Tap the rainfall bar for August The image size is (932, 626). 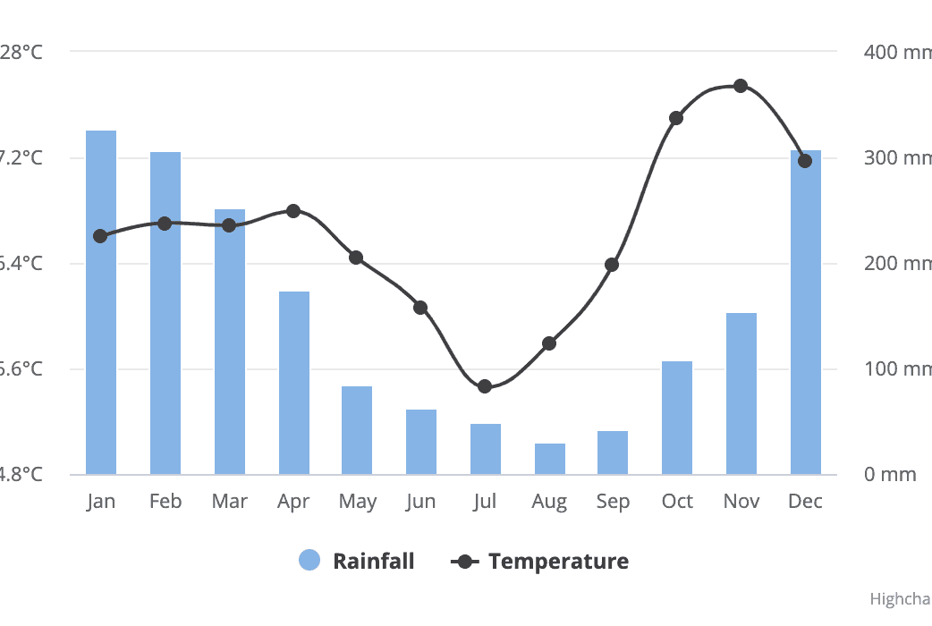pos(550,459)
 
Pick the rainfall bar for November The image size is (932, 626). pos(741,393)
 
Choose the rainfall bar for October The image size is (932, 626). pos(677,418)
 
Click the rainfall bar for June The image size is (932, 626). pos(421,442)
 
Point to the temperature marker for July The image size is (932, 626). pos(485,386)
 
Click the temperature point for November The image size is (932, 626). pos(741,86)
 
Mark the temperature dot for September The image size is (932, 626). pos(612,265)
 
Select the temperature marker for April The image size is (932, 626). pos(293,211)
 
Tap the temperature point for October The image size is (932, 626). pos(676,118)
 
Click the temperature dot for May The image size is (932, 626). pos(356,258)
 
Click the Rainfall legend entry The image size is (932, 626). pos(373,562)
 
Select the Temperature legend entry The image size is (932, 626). pos(558,562)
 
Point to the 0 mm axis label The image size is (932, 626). pos(890,474)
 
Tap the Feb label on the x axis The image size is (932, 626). pos(165,502)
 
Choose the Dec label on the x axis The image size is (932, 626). pos(805,502)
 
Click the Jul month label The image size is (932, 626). pos(485,502)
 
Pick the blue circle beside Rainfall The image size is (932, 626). pos(309,561)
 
